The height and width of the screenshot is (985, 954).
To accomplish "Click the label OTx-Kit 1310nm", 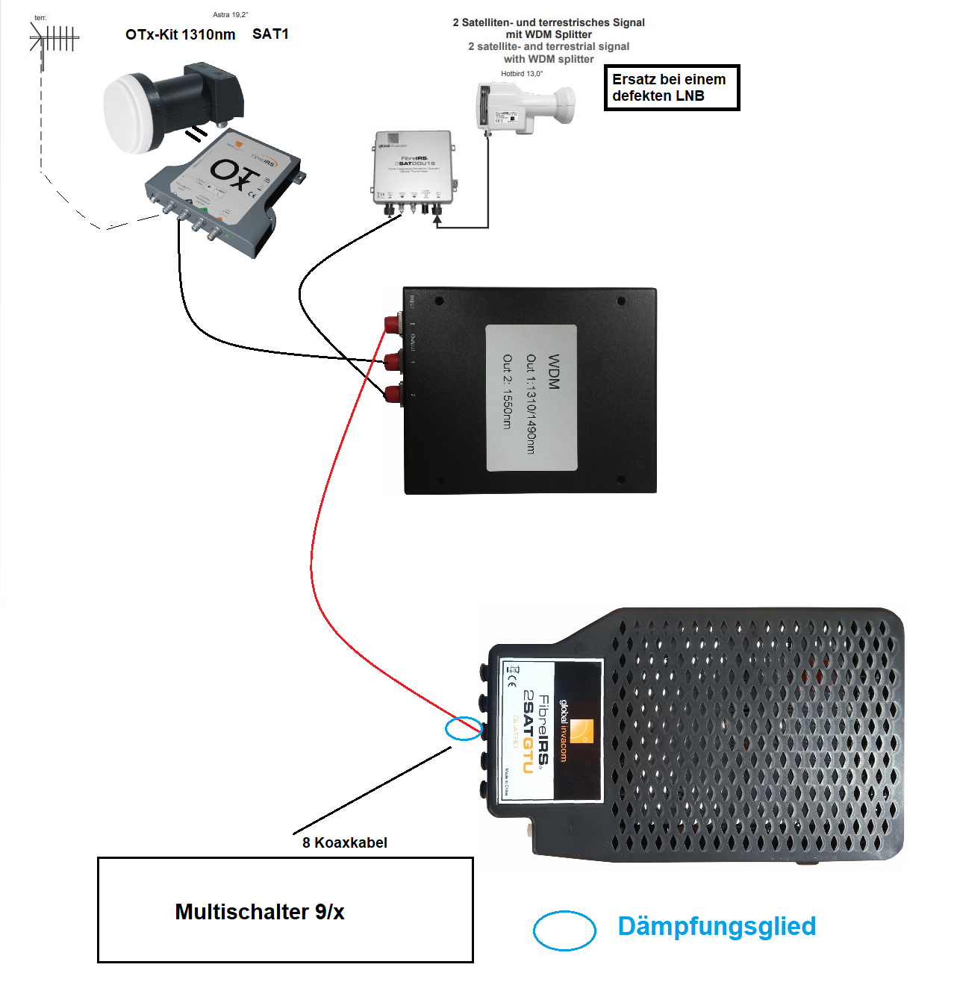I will pos(180,34).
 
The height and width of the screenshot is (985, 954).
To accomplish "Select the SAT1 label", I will pos(270,34).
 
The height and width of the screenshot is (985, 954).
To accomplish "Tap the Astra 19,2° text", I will pos(230,15).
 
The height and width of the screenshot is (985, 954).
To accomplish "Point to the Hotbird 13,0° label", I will pos(522,74).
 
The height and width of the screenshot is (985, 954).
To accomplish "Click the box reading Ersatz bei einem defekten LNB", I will pos(671,87).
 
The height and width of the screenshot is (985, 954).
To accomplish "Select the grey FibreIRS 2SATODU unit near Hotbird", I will pos(413,168).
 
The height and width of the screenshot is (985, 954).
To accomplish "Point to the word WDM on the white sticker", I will pos(553,372).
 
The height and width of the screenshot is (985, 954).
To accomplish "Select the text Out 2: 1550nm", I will pos(508,391).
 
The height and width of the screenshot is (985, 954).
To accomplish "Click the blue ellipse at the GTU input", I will pos(464,728).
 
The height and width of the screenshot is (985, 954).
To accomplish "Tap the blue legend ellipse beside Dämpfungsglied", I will pos(564,931).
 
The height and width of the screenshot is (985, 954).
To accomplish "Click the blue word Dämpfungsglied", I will pos(717,926).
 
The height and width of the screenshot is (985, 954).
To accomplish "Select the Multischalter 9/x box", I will pos(285,910).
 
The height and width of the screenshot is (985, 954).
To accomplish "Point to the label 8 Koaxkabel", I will pos(344,842).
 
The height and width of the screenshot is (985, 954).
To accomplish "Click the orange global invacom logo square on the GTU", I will pos(582,731).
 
